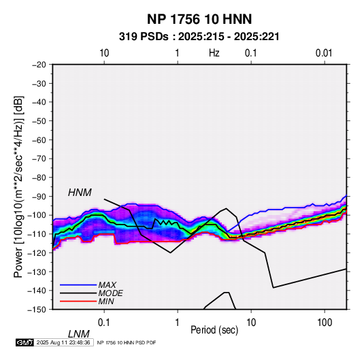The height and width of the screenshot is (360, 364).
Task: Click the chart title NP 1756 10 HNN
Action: coord(199,19)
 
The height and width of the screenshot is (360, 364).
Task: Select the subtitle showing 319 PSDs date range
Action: coord(199,37)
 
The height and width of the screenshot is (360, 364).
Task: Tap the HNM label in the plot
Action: coord(80,193)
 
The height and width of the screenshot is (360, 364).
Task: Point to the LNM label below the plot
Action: coord(78,334)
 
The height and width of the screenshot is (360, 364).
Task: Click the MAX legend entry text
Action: coord(107,284)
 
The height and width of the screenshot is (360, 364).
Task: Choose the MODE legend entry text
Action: coord(110,293)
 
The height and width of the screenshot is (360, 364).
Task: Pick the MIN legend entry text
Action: coord(106,301)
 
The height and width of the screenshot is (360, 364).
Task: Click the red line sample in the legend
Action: coord(78,301)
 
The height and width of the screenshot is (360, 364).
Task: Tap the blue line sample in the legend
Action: coord(78,284)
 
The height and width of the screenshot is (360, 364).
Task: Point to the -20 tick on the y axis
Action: coord(39,65)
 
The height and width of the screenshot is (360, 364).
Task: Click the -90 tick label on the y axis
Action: coord(39,196)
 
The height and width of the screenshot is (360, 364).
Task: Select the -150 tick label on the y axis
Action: coord(37,310)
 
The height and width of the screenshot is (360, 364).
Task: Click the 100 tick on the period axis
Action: coord(325,323)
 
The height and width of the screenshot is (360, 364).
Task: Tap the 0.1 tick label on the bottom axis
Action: coord(104,323)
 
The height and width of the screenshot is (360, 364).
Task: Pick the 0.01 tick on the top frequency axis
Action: coord(324,53)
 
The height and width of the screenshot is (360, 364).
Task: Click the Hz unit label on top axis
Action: coord(214,53)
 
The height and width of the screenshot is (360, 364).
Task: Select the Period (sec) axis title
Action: coord(214,330)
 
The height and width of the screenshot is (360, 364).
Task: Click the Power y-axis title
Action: coord(18,186)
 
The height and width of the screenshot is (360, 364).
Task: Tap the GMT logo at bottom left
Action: coord(24,342)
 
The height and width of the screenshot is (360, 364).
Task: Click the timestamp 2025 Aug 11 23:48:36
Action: coord(63,342)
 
